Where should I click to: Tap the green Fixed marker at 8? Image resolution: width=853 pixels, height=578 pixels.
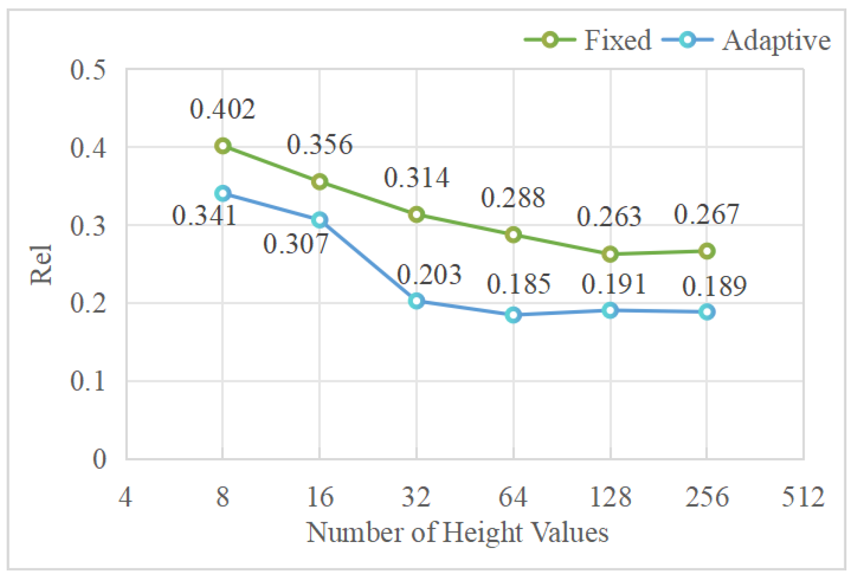click(223, 146)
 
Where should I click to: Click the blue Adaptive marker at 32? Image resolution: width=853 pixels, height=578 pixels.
click(416, 301)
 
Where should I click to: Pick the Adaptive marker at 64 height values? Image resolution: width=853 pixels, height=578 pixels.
click(513, 315)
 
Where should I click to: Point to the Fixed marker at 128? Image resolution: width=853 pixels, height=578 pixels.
click(610, 254)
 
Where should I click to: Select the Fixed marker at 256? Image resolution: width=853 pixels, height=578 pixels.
click(707, 251)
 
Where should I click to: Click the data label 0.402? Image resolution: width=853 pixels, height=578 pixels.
click(222, 109)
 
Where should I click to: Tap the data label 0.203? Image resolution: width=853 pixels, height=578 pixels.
click(429, 275)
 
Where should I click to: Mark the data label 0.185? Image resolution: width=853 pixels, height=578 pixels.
click(519, 284)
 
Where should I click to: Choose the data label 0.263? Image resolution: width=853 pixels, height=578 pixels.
click(609, 217)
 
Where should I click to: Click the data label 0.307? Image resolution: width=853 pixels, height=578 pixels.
click(296, 244)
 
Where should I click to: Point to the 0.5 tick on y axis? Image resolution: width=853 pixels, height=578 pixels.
click(88, 70)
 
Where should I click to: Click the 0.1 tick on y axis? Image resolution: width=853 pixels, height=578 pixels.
click(88, 381)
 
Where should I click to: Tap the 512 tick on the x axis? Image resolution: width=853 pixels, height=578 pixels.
click(803, 497)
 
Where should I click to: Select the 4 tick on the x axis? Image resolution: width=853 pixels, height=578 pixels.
click(125, 497)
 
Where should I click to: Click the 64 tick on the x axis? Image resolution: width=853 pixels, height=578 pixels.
click(513, 497)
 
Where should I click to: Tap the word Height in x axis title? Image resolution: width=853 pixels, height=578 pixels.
click(482, 532)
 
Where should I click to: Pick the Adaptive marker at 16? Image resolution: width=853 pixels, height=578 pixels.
click(320, 220)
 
